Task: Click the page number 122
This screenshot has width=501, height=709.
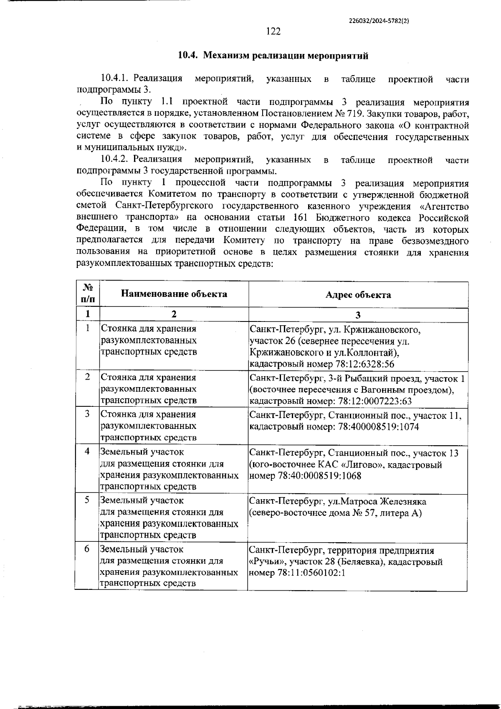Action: click(273, 32)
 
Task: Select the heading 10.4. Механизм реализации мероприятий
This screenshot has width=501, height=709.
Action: click(273, 56)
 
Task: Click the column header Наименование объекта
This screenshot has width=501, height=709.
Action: click(174, 294)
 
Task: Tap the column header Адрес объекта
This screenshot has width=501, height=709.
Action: click(358, 295)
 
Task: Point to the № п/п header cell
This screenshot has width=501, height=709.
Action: click(88, 293)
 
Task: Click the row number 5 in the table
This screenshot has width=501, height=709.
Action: click(87, 500)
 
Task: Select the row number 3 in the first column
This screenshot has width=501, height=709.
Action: click(87, 414)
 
